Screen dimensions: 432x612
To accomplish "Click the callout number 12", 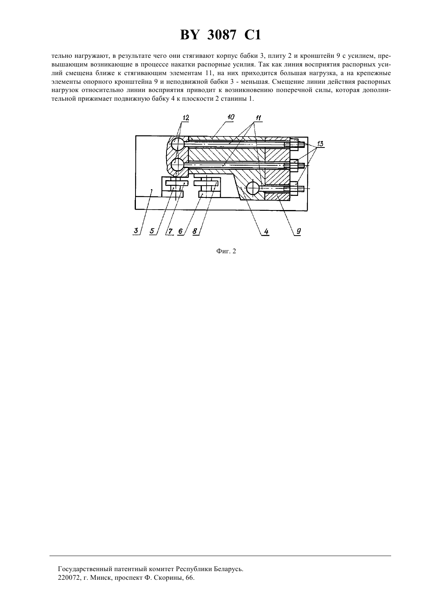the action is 186,118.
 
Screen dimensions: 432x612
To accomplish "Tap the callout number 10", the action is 231,117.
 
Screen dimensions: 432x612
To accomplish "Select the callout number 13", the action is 320,144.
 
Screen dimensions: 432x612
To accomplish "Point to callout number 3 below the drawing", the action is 136,230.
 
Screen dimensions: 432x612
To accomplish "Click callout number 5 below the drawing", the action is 152,231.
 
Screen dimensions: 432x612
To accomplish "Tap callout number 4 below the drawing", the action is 266,232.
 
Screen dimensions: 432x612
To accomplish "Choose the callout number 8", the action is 195,231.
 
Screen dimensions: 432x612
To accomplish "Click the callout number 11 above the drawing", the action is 258,118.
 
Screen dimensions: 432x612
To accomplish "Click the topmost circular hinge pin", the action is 178,144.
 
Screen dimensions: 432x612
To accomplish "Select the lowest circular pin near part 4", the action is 253,189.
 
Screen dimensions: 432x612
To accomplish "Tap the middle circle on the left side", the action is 178,165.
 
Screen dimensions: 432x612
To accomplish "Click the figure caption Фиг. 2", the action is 226,251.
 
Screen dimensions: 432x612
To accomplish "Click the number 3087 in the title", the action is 221,35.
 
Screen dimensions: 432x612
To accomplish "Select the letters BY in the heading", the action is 189,35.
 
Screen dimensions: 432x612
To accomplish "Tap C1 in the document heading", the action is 253,35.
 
